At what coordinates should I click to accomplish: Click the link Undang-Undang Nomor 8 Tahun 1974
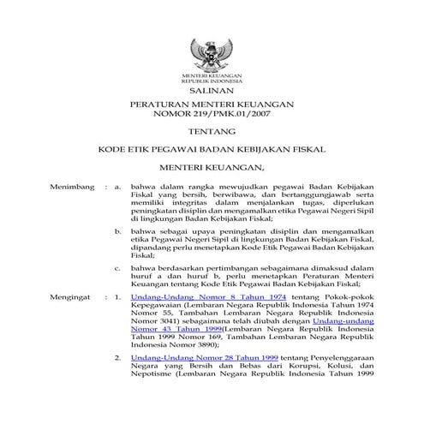coord(191,297)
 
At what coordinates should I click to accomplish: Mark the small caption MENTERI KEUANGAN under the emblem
coord(213,76)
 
